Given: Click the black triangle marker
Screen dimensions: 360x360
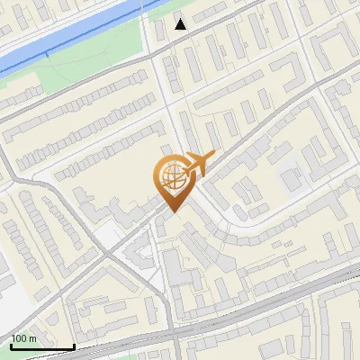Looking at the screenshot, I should click(x=181, y=23).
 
